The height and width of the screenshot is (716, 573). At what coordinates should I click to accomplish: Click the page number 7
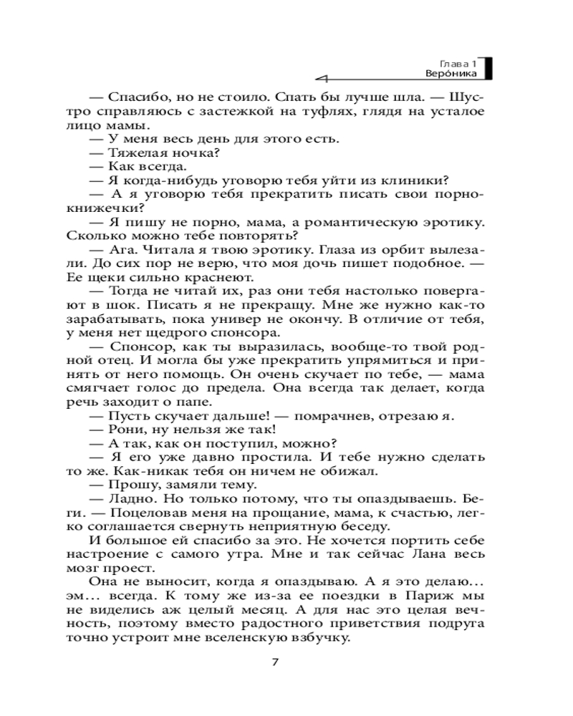(275, 661)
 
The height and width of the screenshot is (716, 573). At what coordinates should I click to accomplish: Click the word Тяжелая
(132, 153)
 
